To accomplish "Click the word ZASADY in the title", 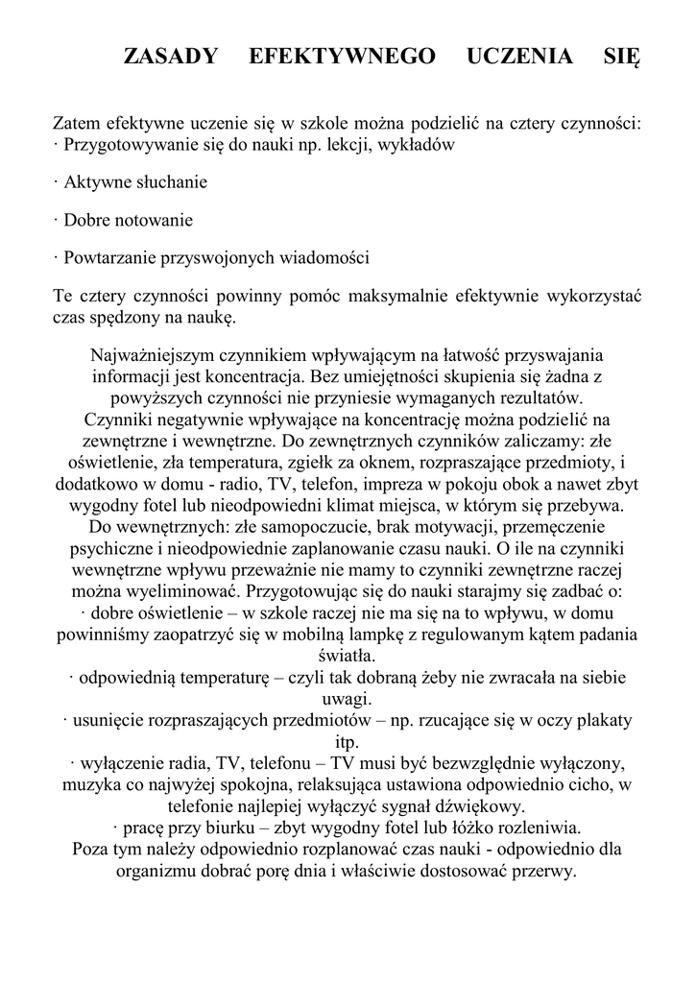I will [172, 57].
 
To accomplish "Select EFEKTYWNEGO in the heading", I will [342, 57].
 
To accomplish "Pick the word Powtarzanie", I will [108, 258].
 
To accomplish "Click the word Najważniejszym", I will [151, 356].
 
